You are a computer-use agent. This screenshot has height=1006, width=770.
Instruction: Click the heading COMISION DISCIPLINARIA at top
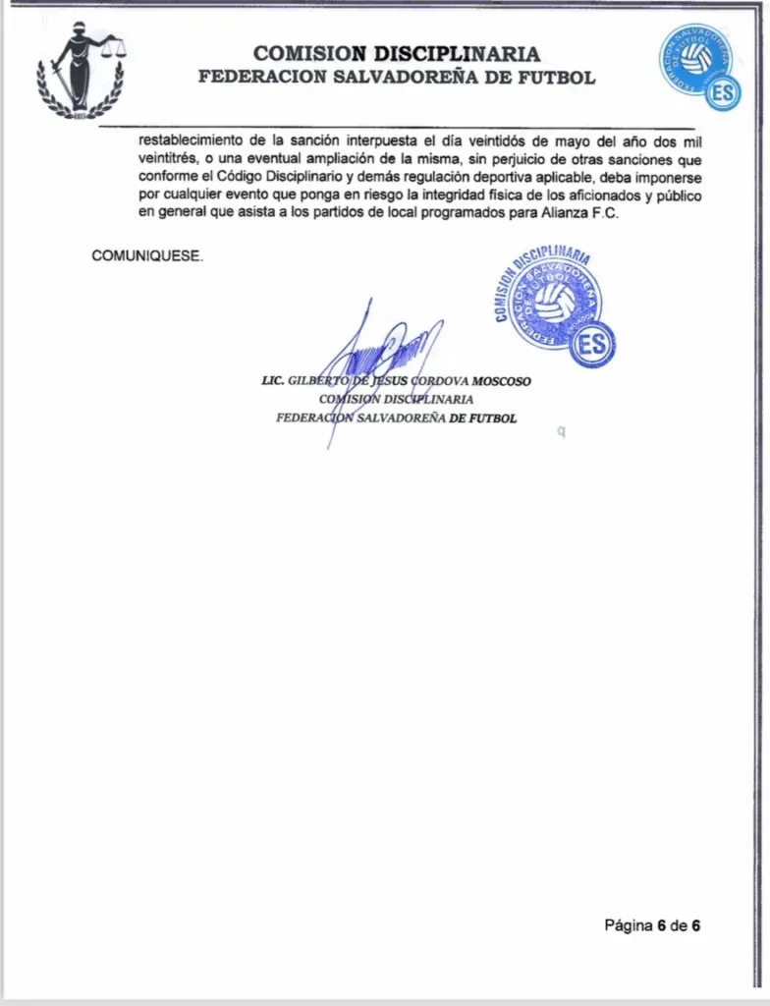396,53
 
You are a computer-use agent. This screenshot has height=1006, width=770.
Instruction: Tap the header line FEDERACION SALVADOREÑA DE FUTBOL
396,77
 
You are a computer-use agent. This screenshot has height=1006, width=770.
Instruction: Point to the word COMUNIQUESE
147,255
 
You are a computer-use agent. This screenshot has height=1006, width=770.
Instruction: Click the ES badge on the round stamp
592,344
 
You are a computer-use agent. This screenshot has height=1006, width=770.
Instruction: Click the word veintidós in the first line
485,141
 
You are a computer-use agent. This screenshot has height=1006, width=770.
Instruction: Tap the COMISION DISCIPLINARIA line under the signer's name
396,400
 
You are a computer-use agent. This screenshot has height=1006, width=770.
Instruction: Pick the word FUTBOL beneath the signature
494,418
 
